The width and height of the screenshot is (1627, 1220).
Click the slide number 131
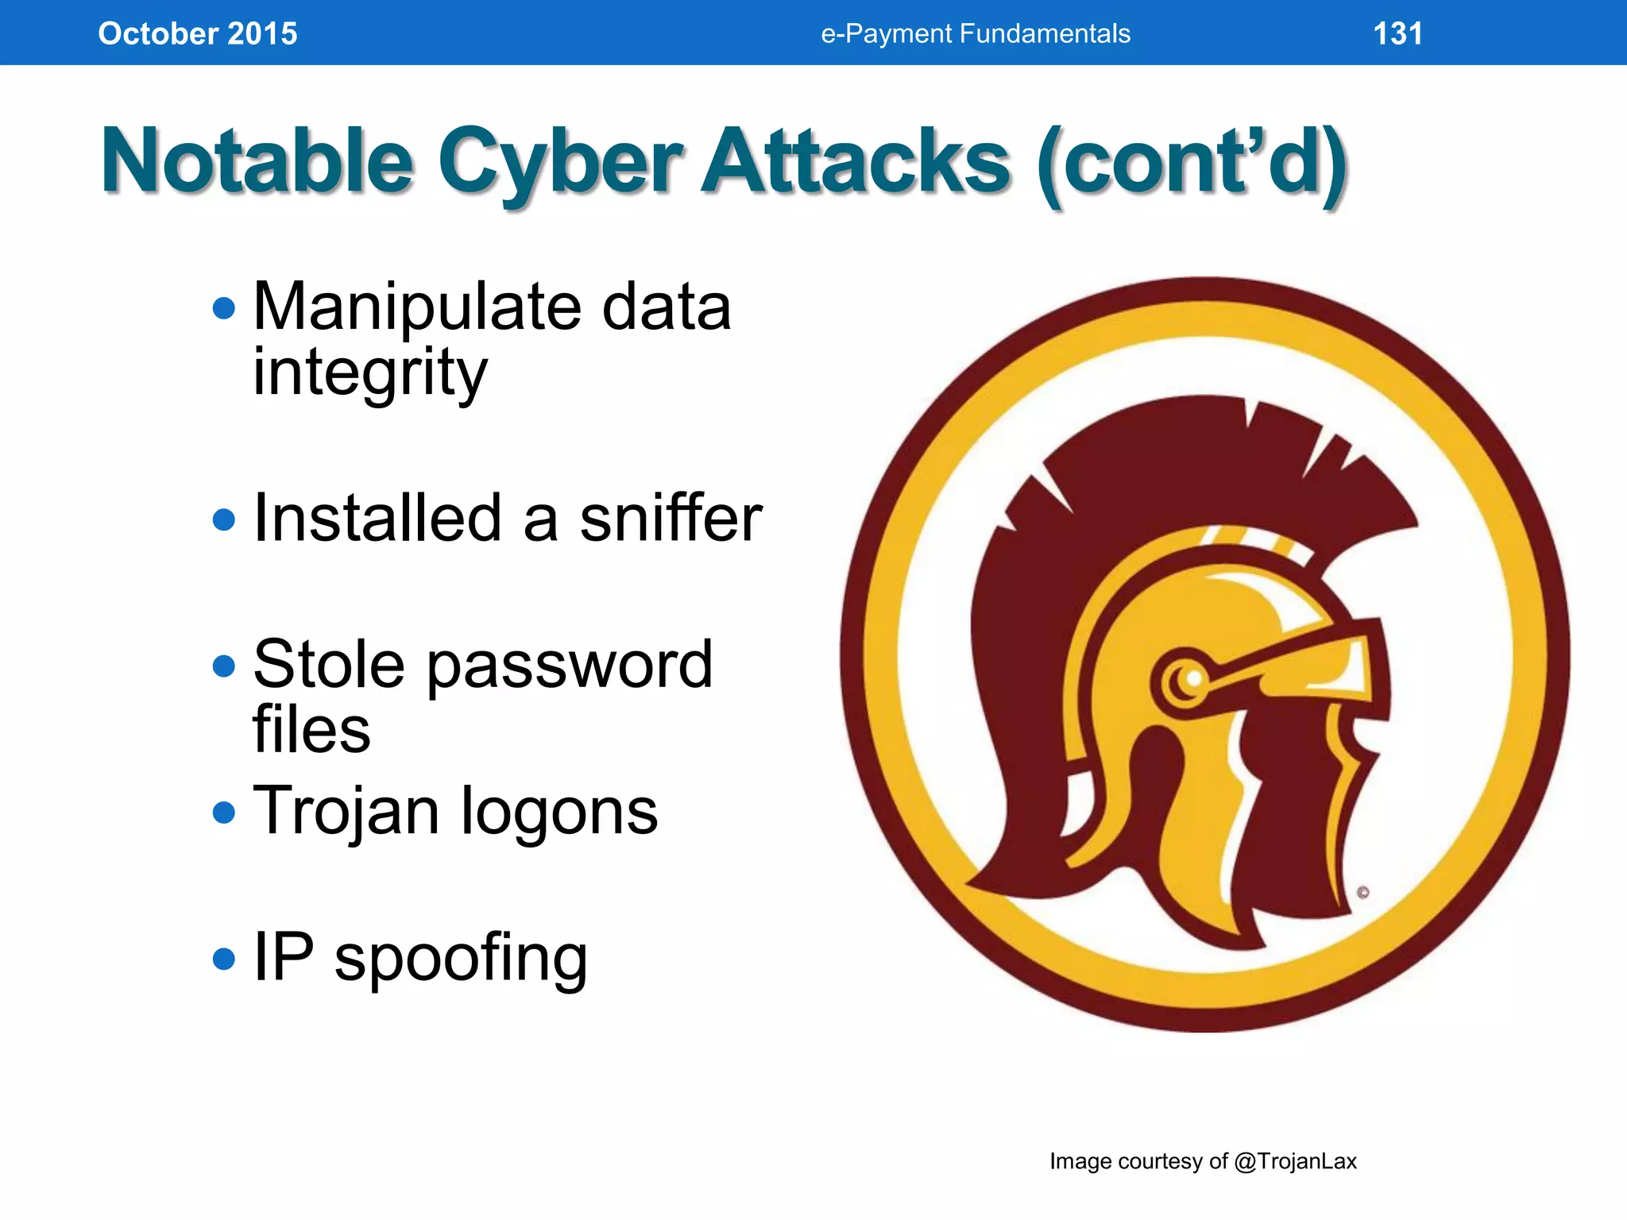click(1397, 33)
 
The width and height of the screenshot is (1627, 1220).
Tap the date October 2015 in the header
click(197, 33)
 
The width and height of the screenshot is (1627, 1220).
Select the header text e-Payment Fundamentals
click(975, 33)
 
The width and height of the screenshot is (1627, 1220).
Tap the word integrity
click(369, 372)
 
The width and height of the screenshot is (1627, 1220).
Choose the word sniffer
click(671, 518)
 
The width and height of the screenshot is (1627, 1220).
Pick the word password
click(570, 665)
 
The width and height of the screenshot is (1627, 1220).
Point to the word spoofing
click(461, 957)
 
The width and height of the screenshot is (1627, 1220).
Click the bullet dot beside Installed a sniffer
click(225, 519)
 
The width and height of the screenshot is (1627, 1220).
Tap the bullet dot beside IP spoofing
click(225, 959)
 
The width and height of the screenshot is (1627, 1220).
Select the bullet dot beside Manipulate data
click(225, 308)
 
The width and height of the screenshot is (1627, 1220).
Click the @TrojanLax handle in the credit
click(1295, 1161)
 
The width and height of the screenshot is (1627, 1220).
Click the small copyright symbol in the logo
click(1363, 893)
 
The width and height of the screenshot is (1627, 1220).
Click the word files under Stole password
click(311, 729)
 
